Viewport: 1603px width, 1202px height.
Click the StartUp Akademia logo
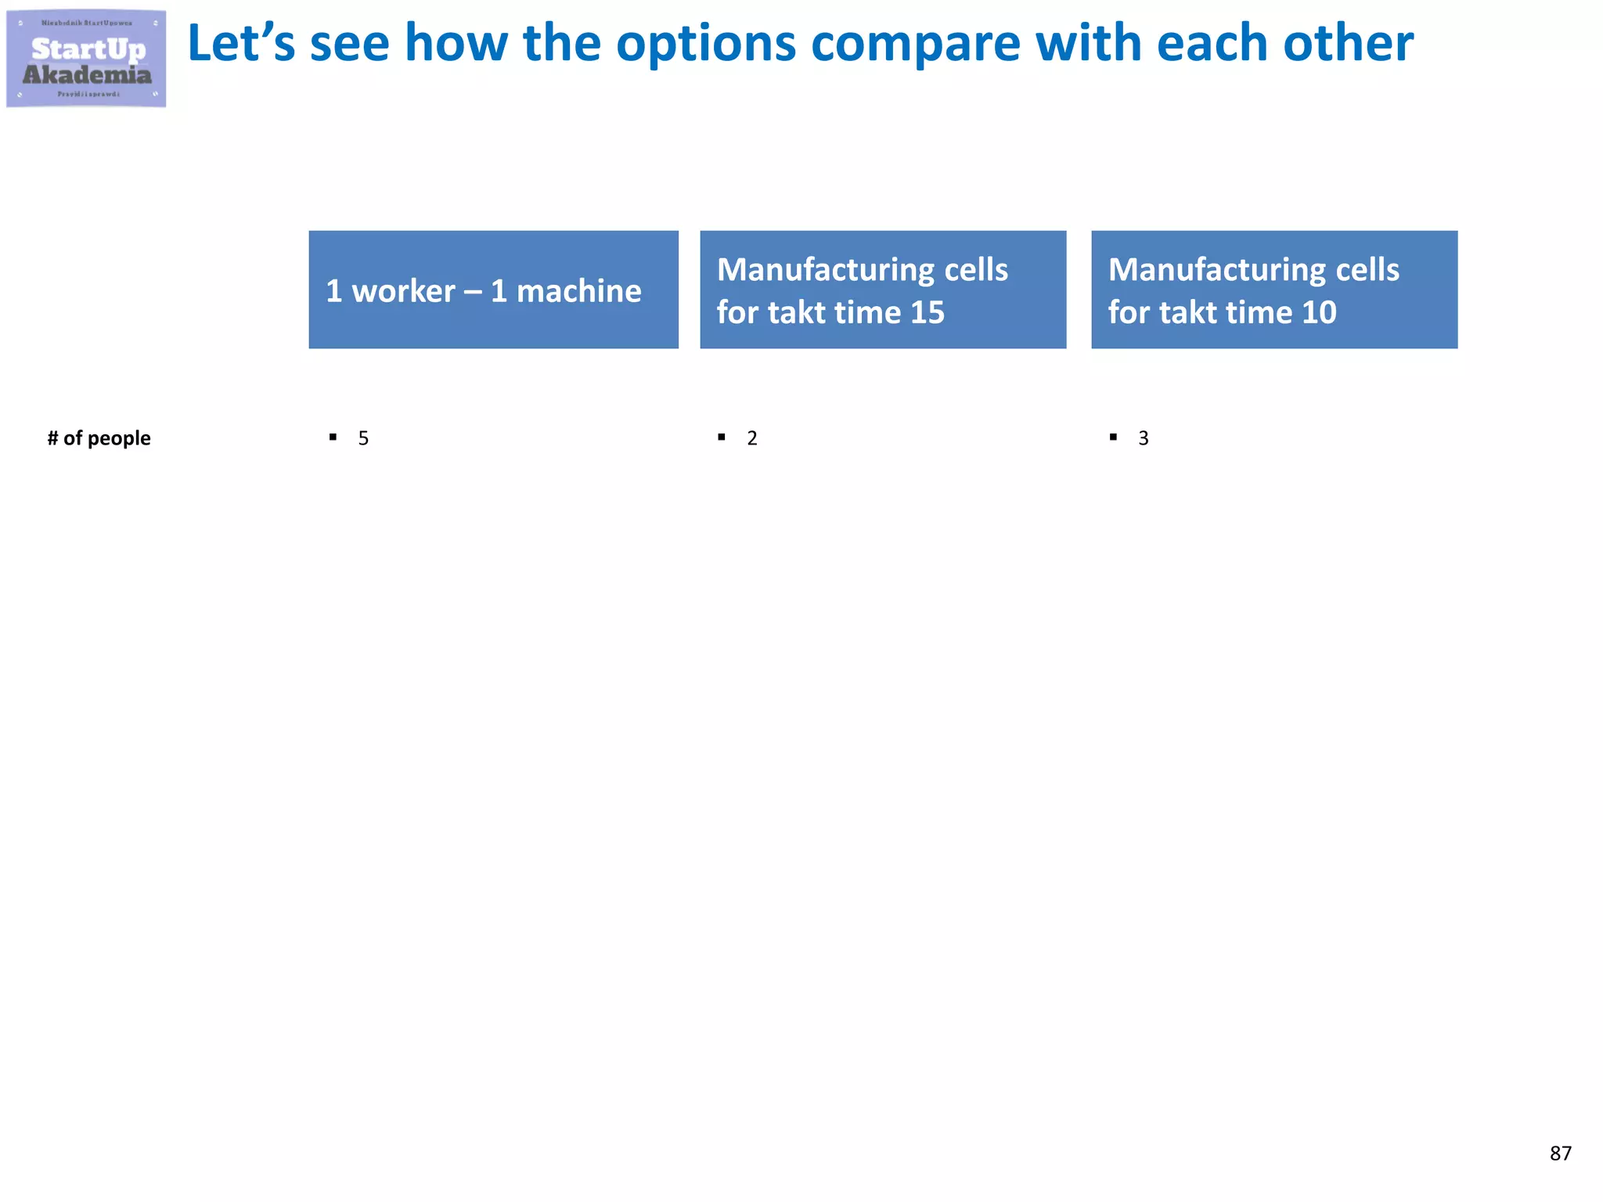point(86,59)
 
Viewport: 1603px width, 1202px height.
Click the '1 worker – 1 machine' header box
point(493,290)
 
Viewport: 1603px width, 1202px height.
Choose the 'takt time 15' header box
point(883,290)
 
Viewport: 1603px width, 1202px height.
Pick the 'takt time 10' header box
point(1274,290)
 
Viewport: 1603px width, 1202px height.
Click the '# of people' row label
point(99,438)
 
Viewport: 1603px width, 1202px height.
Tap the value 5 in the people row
point(363,438)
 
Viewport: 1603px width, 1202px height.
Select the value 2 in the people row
point(752,438)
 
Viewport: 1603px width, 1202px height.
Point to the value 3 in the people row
point(1144,438)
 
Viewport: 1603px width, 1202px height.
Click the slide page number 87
point(1560,1153)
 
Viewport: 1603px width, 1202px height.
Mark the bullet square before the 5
point(333,437)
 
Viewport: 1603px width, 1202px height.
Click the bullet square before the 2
point(722,437)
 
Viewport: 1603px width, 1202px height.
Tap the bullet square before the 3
point(1113,437)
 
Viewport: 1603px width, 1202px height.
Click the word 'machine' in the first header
point(578,291)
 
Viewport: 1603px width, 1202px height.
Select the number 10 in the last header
point(1319,313)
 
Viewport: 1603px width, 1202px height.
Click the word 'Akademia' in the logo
point(87,75)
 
